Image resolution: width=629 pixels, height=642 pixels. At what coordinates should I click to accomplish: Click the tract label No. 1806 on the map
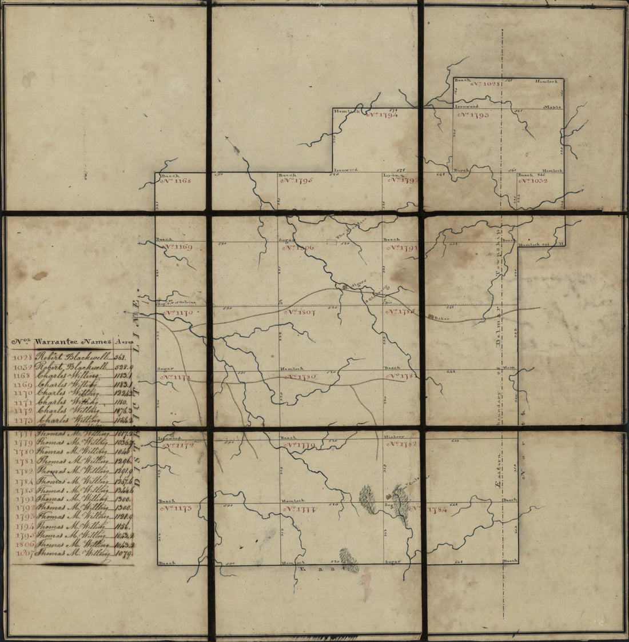pos(298,248)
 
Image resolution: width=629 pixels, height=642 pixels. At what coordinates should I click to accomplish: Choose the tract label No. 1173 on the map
pos(176,508)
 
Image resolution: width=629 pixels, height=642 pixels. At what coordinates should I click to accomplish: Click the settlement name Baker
pos(439,317)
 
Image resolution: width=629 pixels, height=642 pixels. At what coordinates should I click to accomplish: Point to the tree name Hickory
pos(394,437)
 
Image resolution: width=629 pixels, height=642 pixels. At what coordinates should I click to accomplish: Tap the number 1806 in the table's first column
pos(23,544)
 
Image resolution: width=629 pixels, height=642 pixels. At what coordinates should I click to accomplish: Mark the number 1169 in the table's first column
pos(23,384)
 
